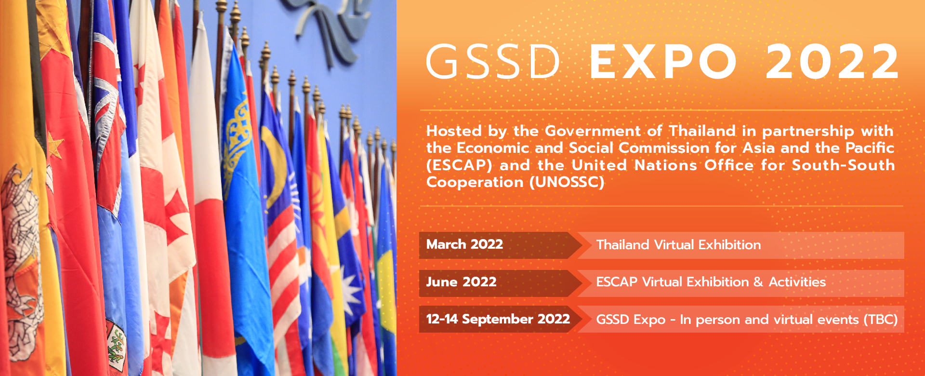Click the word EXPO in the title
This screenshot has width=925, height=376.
click(x=663, y=62)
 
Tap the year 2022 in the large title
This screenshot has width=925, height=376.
click(x=832, y=62)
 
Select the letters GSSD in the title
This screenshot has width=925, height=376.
click(x=493, y=62)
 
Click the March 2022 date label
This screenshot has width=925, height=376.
click(x=464, y=244)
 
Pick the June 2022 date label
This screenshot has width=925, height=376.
click(x=461, y=282)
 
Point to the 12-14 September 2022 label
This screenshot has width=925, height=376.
click(x=498, y=319)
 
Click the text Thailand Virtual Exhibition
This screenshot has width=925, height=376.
click(x=678, y=245)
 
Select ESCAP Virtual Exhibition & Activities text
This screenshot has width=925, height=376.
click(x=711, y=282)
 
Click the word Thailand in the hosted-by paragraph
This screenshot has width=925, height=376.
click(x=702, y=131)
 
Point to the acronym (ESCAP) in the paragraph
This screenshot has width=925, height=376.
click(x=459, y=165)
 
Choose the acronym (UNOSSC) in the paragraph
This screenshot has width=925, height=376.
click(x=567, y=182)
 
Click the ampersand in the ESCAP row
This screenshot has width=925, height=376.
click(x=758, y=282)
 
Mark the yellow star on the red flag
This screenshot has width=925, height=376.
click(x=55, y=145)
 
